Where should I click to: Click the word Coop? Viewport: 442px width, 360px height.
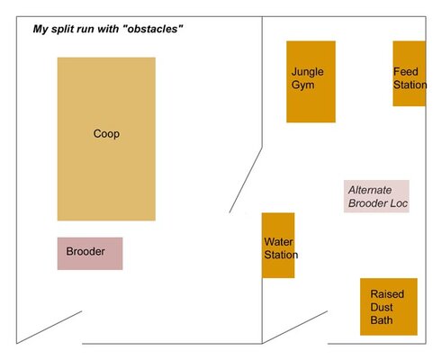click(106, 134)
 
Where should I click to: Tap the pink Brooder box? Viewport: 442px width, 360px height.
click(90, 254)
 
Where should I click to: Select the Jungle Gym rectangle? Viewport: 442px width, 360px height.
click(311, 82)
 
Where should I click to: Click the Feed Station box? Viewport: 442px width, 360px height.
click(410, 74)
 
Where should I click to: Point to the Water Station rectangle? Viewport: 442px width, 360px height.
click(278, 246)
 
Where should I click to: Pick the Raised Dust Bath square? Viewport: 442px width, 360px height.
click(389, 307)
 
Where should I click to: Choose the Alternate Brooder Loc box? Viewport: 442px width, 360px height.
click(376, 196)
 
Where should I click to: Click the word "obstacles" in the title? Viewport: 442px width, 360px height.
click(153, 29)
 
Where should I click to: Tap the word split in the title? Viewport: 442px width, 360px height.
click(62, 29)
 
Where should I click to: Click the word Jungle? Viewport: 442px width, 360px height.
click(308, 72)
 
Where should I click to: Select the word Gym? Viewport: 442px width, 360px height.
click(302, 85)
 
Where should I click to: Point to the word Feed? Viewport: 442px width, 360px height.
click(406, 72)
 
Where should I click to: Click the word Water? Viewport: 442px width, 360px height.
click(278, 242)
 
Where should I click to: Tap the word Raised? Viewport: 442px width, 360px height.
click(387, 294)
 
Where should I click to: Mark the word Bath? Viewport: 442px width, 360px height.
click(382, 320)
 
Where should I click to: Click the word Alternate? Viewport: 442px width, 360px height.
click(370, 190)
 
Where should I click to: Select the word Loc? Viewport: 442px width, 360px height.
click(399, 203)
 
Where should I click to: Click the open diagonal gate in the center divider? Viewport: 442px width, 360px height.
click(246, 180)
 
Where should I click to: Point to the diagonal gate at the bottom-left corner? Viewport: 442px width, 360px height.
click(50, 328)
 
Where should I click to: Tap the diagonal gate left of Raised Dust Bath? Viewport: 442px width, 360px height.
click(294, 328)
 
